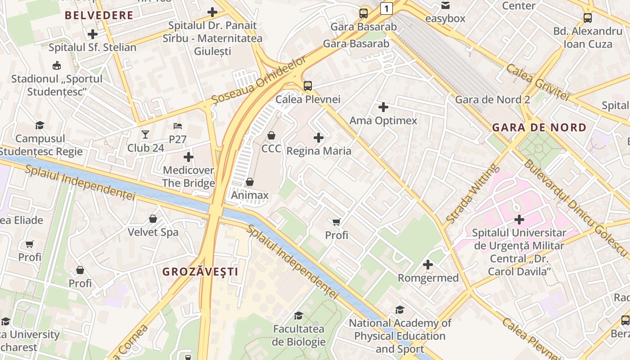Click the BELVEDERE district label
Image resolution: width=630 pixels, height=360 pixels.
(99, 15)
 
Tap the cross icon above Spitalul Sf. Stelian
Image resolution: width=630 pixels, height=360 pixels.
(93, 34)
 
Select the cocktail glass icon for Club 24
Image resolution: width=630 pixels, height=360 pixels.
(145, 134)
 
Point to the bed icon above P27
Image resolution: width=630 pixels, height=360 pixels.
(178, 126)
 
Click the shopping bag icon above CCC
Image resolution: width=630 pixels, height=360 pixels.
(271, 135)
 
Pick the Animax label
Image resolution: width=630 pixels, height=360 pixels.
(250, 195)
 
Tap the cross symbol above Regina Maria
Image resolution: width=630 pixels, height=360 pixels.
(319, 138)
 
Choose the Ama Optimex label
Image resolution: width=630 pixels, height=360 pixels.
(383, 121)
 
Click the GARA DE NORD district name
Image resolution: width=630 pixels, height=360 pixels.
(539, 127)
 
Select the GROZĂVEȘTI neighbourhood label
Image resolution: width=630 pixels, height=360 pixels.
(200, 272)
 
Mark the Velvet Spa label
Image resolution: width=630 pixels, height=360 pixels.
(153, 232)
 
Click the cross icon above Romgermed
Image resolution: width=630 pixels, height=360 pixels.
(428, 265)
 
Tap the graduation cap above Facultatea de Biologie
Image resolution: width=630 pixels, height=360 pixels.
(298, 315)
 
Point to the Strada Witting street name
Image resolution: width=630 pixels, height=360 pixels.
(472, 193)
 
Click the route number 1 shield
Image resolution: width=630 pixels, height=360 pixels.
(386, 8)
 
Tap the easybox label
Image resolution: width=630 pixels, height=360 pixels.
(445, 19)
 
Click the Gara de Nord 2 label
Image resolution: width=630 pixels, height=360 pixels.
(492, 99)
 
